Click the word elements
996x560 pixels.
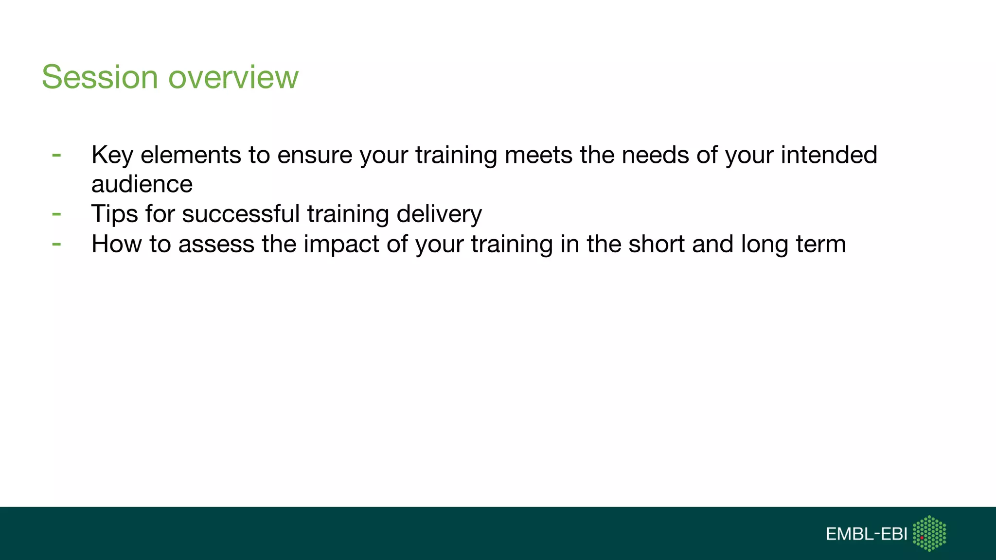pyautogui.click(x=191, y=155)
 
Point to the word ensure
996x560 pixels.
pyautogui.click(x=315, y=155)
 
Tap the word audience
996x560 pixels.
pyautogui.click(x=142, y=184)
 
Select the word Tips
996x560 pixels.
pyautogui.click(x=114, y=214)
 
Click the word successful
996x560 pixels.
pyautogui.click(x=241, y=214)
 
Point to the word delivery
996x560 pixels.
pyautogui.click(x=439, y=214)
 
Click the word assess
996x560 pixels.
pyautogui.click(x=216, y=244)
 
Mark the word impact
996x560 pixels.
pyautogui.click(x=341, y=244)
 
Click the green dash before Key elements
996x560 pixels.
pyautogui.click(x=56, y=156)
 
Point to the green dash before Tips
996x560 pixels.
pyautogui.click(x=56, y=214)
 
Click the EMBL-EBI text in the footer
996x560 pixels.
pyautogui.click(x=866, y=534)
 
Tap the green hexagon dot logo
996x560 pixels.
pyautogui.click(x=929, y=533)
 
